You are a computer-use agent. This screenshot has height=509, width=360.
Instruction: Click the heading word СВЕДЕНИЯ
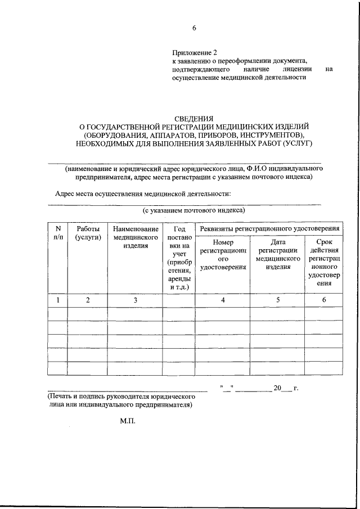click(x=193, y=118)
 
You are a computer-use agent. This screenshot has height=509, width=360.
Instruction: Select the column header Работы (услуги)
click(x=88, y=233)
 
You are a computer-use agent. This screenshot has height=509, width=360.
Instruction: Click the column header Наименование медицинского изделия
click(x=135, y=237)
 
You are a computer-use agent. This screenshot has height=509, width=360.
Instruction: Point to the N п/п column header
click(x=57, y=233)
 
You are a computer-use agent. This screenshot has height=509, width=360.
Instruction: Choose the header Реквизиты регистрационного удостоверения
click(x=268, y=229)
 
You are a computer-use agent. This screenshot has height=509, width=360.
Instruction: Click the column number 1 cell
click(x=57, y=300)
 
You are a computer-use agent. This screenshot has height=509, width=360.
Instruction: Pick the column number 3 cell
click(x=135, y=300)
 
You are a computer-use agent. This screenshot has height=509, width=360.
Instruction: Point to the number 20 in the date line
click(x=276, y=389)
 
